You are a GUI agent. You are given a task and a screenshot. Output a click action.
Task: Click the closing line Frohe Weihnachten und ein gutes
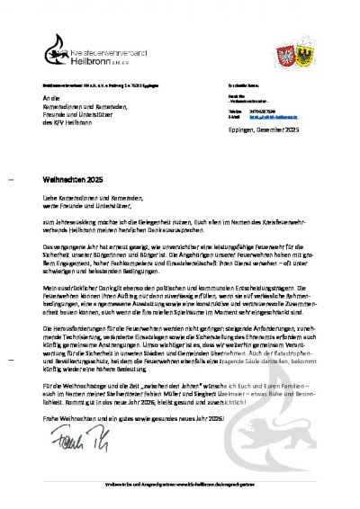(135, 419)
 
